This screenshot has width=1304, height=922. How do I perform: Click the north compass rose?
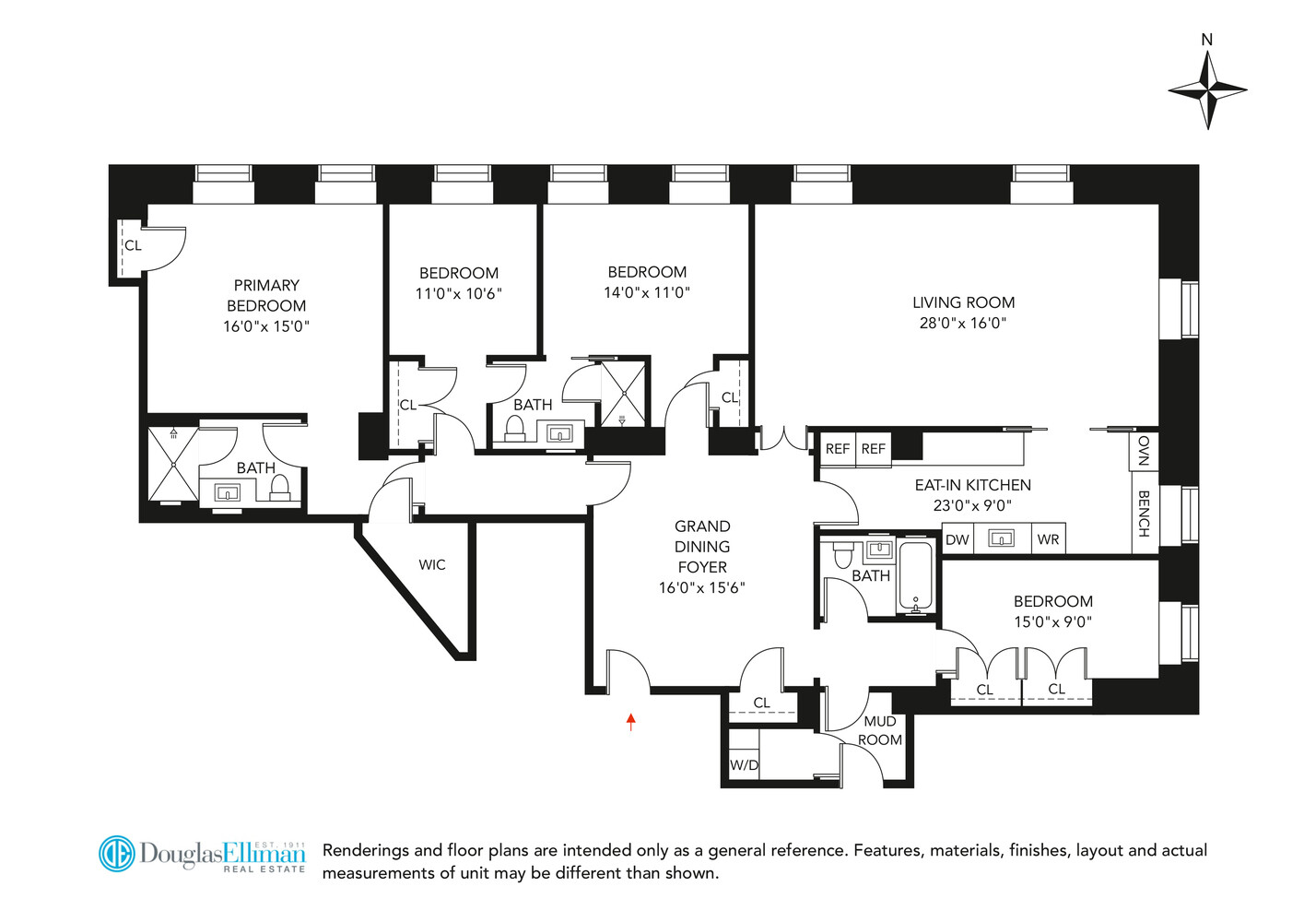(x=1207, y=89)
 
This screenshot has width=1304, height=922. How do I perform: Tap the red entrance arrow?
(x=631, y=721)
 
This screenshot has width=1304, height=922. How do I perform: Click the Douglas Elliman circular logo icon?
(x=117, y=854)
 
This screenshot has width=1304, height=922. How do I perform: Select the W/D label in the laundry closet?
(x=744, y=765)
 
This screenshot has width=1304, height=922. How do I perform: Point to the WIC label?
(x=432, y=565)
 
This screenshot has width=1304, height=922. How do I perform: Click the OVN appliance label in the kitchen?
(x=1144, y=451)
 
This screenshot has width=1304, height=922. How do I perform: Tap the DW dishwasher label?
(x=957, y=539)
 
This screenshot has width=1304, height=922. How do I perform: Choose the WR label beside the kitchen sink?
(x=1048, y=539)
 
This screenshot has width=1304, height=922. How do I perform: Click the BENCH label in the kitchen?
(x=1144, y=514)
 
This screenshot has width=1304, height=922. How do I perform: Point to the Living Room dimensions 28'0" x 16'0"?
(x=963, y=323)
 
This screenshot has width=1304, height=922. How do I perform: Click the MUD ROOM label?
(x=880, y=730)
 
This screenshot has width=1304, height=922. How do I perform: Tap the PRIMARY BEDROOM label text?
(x=266, y=295)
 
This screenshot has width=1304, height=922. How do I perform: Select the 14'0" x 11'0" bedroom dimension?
(x=647, y=292)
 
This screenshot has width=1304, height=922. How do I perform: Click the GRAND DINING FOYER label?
(x=702, y=547)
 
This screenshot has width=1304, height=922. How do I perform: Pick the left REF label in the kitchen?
(x=838, y=449)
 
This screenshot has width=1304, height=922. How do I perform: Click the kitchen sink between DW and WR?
(x=1001, y=538)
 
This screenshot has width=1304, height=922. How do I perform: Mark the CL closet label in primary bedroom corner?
(x=133, y=245)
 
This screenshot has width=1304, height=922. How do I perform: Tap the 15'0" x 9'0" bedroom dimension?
(x=1052, y=621)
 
